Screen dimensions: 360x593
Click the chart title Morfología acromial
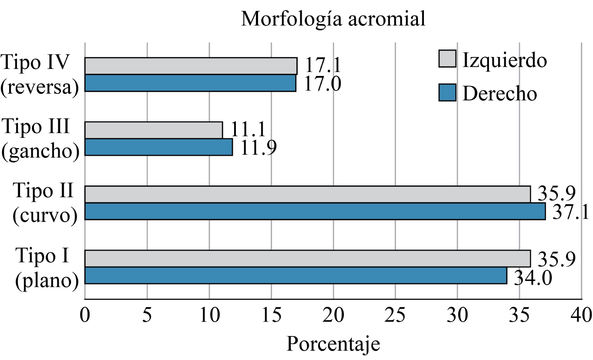click(x=333, y=19)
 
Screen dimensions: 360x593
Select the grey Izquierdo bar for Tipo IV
click(x=191, y=66)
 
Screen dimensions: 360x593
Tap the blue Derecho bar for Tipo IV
click(x=190, y=83)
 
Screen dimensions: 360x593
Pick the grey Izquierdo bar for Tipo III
click(x=154, y=130)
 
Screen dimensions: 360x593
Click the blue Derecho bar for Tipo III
click(x=159, y=147)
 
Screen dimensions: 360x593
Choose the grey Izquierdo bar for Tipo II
click(x=308, y=194)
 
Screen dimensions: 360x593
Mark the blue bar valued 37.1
click(x=315, y=211)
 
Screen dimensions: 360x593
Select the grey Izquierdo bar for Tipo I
click(x=308, y=258)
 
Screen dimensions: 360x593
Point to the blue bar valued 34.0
click(x=296, y=275)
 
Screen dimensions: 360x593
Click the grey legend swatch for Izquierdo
click(x=447, y=59)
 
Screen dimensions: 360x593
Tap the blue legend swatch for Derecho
click(x=447, y=92)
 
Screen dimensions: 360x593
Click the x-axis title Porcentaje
click(x=333, y=344)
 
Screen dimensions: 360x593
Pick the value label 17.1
click(x=323, y=65)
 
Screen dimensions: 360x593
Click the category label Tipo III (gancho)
click(x=40, y=139)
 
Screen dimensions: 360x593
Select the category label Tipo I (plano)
click(x=46, y=268)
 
